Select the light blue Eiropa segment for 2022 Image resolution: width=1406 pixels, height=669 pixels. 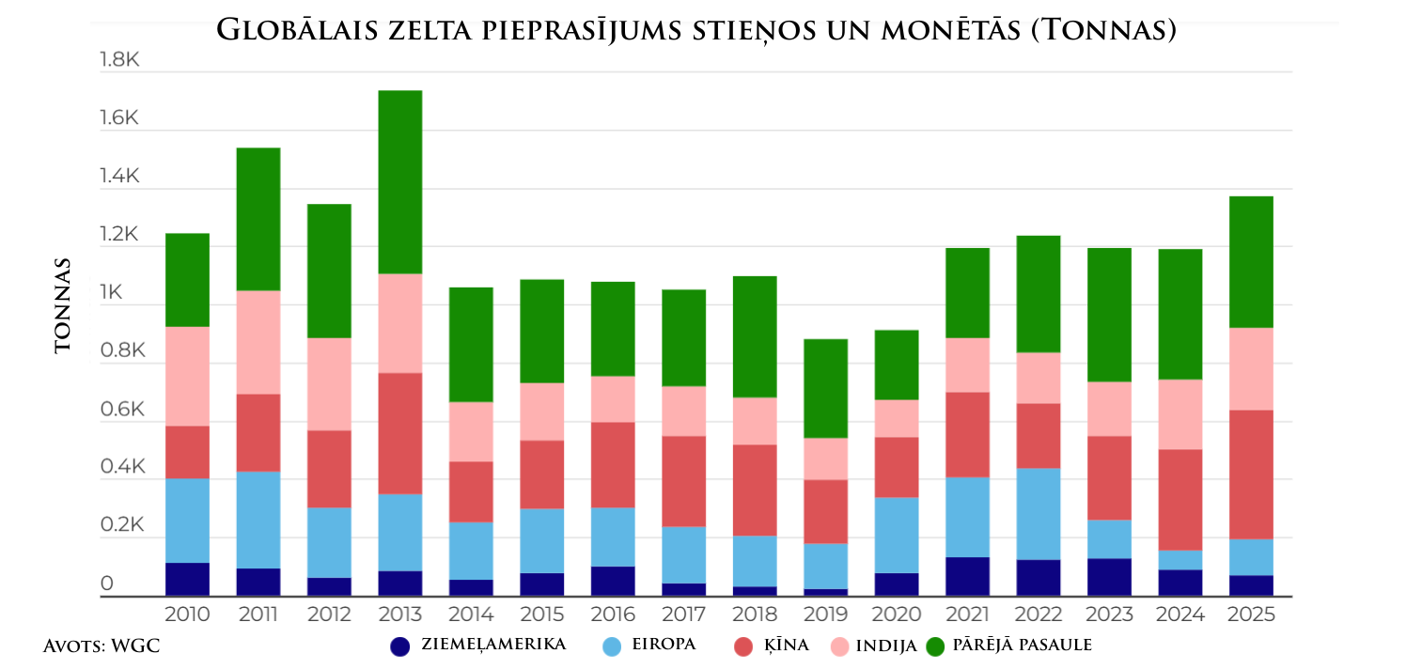1038,514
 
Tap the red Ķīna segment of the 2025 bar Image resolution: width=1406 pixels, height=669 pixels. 1251,475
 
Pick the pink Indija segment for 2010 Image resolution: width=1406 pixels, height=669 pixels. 187,376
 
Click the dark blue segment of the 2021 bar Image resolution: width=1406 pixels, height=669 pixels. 967,576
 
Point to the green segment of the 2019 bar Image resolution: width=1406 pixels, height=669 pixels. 825,388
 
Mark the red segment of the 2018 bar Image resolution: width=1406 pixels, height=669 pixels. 754,490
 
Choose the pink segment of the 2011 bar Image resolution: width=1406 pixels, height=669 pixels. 258,342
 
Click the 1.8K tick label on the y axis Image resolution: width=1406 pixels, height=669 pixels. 119,60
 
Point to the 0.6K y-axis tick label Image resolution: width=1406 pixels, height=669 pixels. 119,410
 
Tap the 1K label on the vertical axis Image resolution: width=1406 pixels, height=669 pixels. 112,293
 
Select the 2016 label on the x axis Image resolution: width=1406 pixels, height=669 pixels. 612,615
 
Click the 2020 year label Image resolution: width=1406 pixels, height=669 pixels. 897,615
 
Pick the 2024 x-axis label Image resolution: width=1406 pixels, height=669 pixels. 1179,615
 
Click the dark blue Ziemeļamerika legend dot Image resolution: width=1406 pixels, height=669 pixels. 400,646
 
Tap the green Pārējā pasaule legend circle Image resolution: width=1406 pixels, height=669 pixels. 935,646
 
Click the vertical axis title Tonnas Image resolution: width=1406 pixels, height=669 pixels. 63,306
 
